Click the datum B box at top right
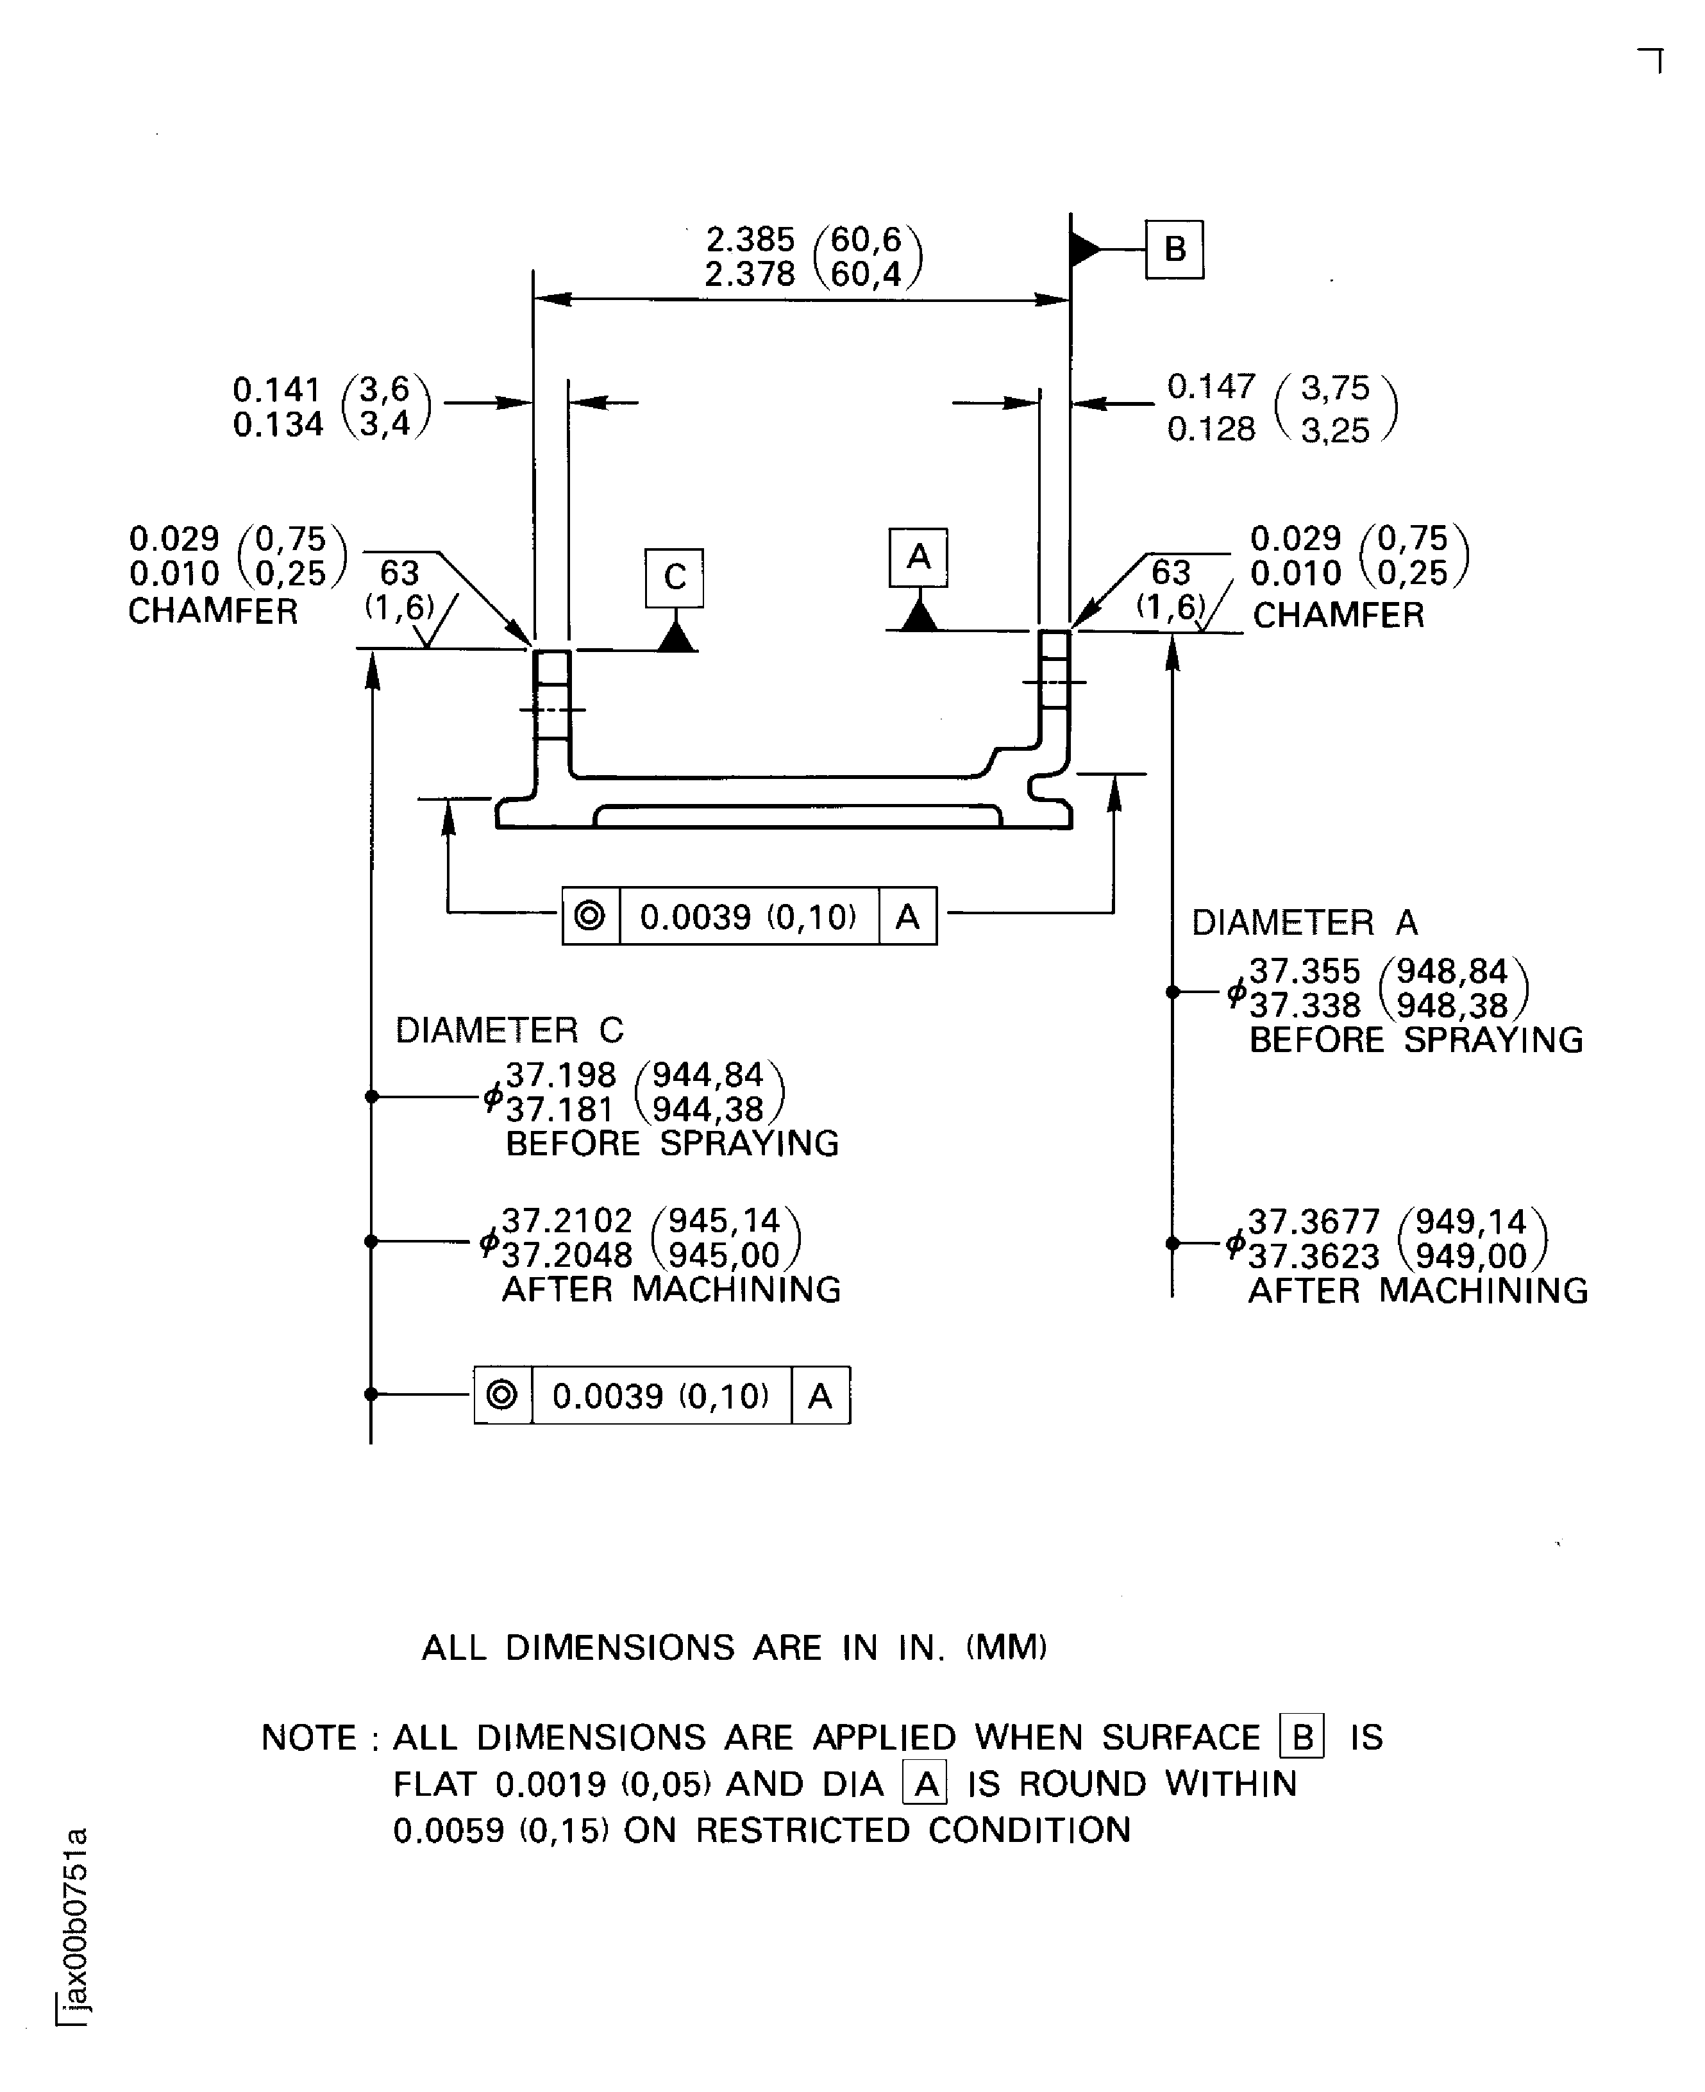[1175, 249]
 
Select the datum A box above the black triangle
[918, 557]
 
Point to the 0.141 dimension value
[278, 390]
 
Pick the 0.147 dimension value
[1211, 387]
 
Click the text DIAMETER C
[510, 1030]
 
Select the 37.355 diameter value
[1304, 971]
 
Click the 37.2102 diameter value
[567, 1221]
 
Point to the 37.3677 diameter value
[1313, 1223]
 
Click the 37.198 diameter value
[561, 1075]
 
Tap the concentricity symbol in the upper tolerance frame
[591, 916]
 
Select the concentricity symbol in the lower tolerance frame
[503, 1394]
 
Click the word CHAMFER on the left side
[213, 612]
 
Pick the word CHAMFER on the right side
[1338, 616]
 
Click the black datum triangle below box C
[676, 639]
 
